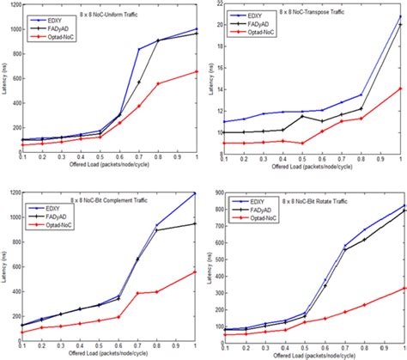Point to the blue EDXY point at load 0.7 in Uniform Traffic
tap(139, 50)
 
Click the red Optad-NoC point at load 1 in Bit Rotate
tap(403, 289)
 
